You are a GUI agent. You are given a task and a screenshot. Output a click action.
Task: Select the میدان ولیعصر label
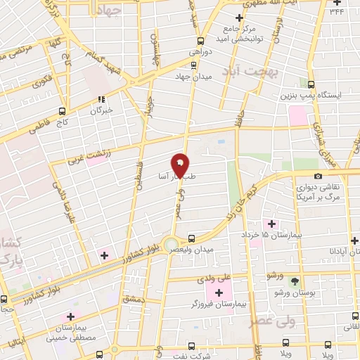tap(210, 248)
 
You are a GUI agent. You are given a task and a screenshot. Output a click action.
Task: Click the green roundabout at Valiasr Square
tap(171, 245)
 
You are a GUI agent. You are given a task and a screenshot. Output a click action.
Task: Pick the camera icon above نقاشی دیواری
tap(319, 176)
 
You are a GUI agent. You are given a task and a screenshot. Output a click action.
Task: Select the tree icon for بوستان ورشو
tap(296, 281)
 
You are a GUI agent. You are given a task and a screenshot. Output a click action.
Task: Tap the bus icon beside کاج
tap(63, 111)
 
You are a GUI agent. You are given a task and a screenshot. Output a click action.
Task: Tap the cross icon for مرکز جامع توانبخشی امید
tap(239, 18)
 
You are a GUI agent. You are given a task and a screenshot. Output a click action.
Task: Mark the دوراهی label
tap(200, 51)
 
